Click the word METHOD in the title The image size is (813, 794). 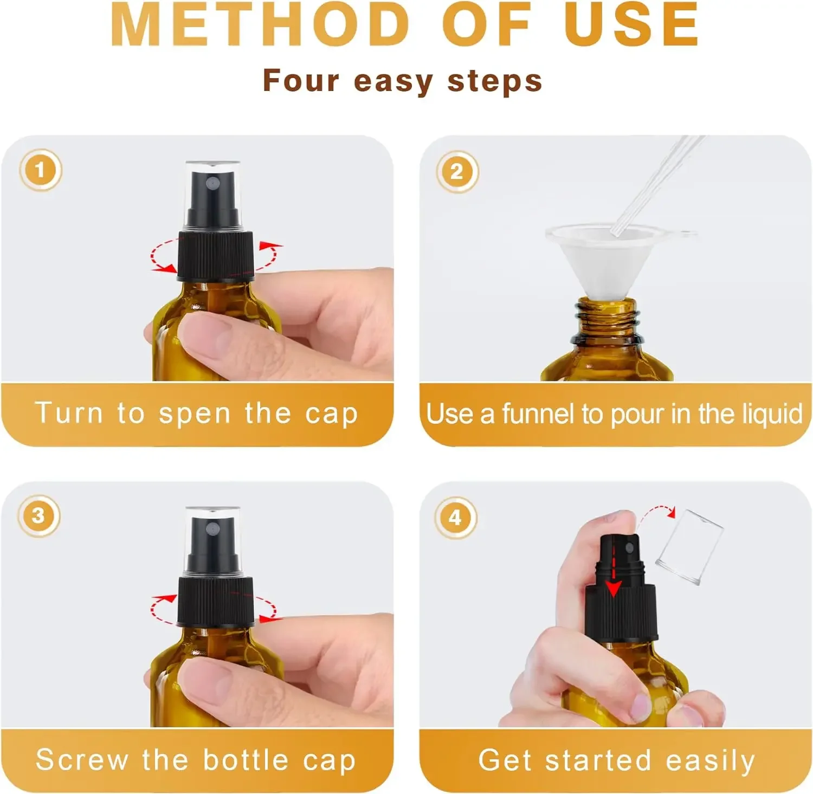point(260,25)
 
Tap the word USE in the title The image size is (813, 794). point(631,25)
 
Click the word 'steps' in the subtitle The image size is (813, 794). point(494,81)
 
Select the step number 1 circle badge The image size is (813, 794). point(41,170)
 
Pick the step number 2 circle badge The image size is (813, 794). point(457,172)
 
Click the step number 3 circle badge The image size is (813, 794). point(38,515)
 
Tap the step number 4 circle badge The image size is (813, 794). point(455,517)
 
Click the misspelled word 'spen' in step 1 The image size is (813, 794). point(195,415)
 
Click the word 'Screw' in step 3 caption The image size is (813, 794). point(82,759)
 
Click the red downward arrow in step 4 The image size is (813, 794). point(613,571)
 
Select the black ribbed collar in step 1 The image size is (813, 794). point(216,255)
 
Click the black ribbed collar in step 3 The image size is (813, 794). point(216,602)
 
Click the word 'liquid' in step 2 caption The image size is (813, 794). point(772,414)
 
